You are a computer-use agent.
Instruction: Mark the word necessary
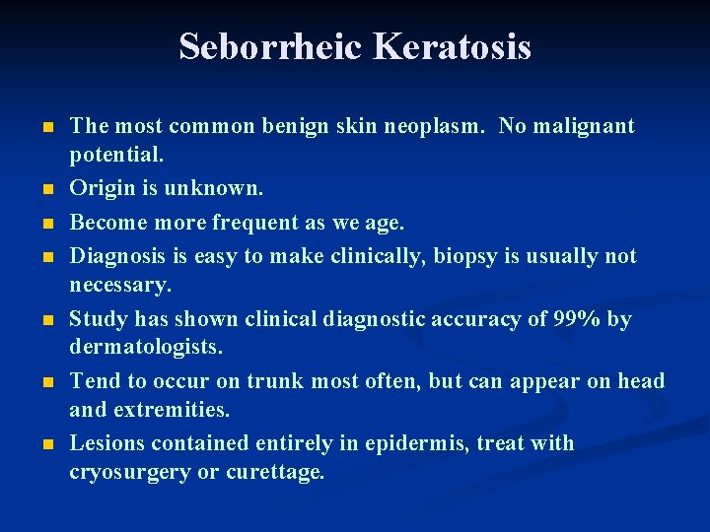(119, 286)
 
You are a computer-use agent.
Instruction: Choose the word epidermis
(418, 443)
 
